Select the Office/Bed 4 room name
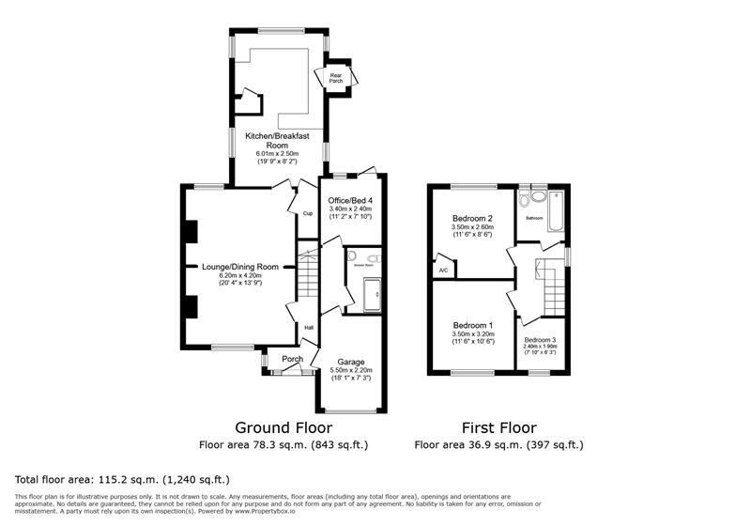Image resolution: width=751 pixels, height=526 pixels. coord(350,200)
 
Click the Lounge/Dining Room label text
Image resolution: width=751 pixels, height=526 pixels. coord(240,266)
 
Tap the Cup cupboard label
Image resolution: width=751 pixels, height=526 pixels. coord(307,213)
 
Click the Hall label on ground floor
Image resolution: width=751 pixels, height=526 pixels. coord(308,328)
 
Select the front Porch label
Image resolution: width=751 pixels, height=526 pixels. coord(292,358)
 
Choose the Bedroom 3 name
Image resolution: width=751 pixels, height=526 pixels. coord(540,339)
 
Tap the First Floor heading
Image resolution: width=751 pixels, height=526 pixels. coord(498,426)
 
